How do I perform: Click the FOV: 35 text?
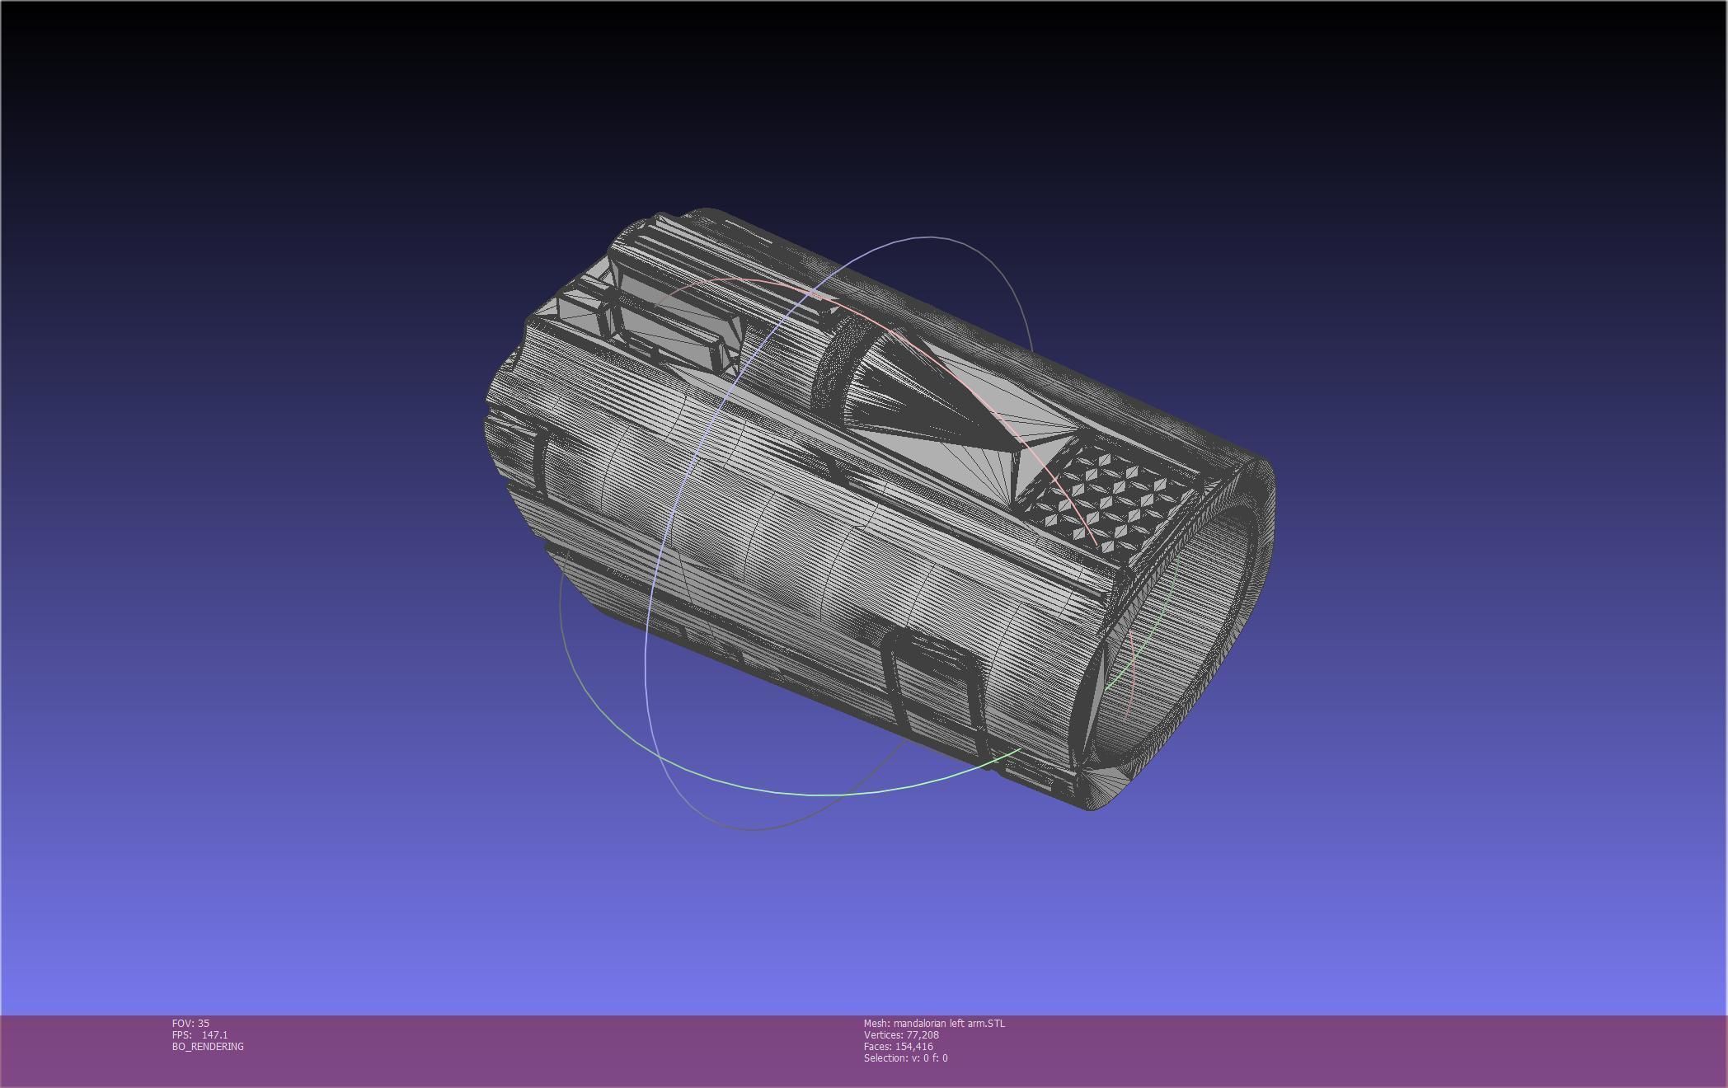[x=190, y=1023]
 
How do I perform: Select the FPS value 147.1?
[x=214, y=1034]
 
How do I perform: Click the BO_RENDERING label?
[x=208, y=1046]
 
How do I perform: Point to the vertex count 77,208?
[x=922, y=1034]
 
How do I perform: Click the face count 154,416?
[x=913, y=1046]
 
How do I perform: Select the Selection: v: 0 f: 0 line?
[x=905, y=1058]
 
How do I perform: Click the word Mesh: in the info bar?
[x=877, y=1023]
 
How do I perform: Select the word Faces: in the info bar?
[x=878, y=1046]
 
